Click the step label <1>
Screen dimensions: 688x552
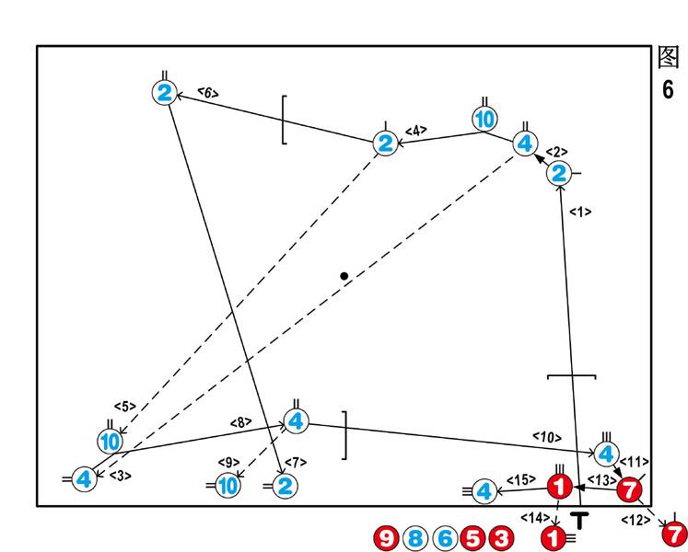tap(580, 213)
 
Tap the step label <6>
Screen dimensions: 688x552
tap(208, 93)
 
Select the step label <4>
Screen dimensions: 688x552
tap(416, 131)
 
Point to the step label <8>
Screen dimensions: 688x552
tap(241, 422)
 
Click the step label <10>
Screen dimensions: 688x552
tap(547, 437)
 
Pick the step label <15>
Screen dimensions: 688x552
tap(520, 479)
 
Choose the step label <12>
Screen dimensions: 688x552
tap(636, 521)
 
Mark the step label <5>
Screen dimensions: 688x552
tap(125, 407)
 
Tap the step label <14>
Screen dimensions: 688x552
tap(535, 518)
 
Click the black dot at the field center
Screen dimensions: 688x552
tap(344, 276)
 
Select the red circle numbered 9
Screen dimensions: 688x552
tap(386, 537)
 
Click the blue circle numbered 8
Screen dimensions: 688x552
tap(415, 537)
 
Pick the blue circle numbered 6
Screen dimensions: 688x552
tap(445, 537)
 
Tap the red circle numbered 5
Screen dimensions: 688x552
tap(472, 537)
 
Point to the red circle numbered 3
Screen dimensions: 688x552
tap(501, 537)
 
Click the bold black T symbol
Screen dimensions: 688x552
tap(579, 520)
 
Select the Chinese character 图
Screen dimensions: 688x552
tap(669, 57)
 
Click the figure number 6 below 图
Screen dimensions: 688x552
tap(668, 89)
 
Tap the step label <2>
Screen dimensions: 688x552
tap(556, 152)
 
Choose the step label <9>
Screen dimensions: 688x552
tap(228, 463)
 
